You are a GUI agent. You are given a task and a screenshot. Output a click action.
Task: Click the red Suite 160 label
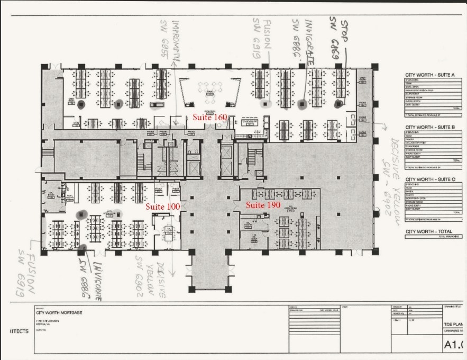click(209, 116)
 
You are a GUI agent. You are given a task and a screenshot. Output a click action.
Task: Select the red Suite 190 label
click(263, 205)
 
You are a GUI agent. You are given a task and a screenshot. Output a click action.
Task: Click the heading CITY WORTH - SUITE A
click(430, 75)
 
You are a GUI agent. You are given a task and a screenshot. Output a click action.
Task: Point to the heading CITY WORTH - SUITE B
click(430, 128)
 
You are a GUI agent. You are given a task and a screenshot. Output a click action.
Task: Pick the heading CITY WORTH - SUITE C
click(430, 179)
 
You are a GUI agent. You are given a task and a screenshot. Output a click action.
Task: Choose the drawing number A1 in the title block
click(454, 344)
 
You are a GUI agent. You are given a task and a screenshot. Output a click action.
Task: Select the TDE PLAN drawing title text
click(454, 323)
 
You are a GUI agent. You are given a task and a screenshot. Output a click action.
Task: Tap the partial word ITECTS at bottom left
click(19, 331)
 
